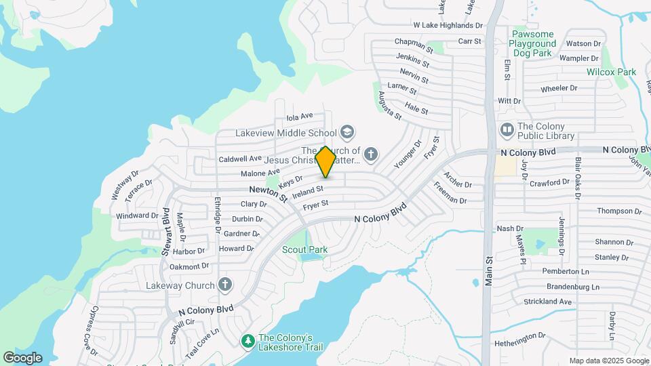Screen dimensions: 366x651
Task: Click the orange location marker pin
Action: click(x=326, y=161)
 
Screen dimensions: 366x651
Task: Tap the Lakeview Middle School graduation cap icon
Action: click(x=348, y=132)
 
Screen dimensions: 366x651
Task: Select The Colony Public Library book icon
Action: click(x=507, y=129)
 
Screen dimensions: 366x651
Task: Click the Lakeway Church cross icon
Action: click(x=225, y=285)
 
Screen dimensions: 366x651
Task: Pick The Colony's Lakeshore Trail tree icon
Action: click(x=248, y=340)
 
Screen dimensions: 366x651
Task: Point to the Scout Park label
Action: click(x=305, y=249)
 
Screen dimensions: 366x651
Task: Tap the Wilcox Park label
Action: click(x=612, y=72)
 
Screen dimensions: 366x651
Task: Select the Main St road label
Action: click(x=488, y=272)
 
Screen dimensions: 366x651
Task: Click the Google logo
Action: click(x=22, y=357)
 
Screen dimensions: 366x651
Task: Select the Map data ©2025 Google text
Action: click(x=608, y=361)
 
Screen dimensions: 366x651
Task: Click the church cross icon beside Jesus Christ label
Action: click(x=370, y=155)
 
